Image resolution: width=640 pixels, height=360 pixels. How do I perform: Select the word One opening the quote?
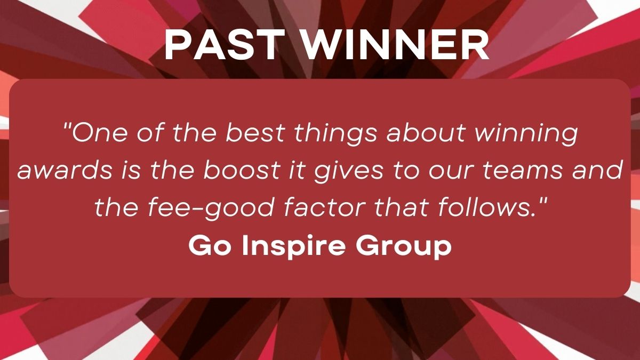point(99,133)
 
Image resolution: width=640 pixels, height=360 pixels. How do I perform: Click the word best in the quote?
point(255,133)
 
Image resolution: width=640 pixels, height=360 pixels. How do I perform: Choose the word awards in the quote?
point(65,170)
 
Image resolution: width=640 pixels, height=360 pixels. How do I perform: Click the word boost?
point(241,170)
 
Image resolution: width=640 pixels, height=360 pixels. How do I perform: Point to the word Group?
point(404,247)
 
